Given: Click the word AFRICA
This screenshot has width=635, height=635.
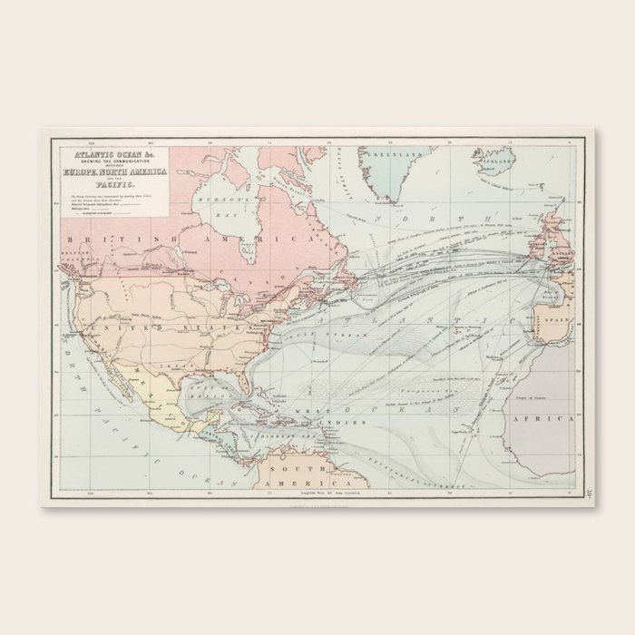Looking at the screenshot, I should click(554, 420).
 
